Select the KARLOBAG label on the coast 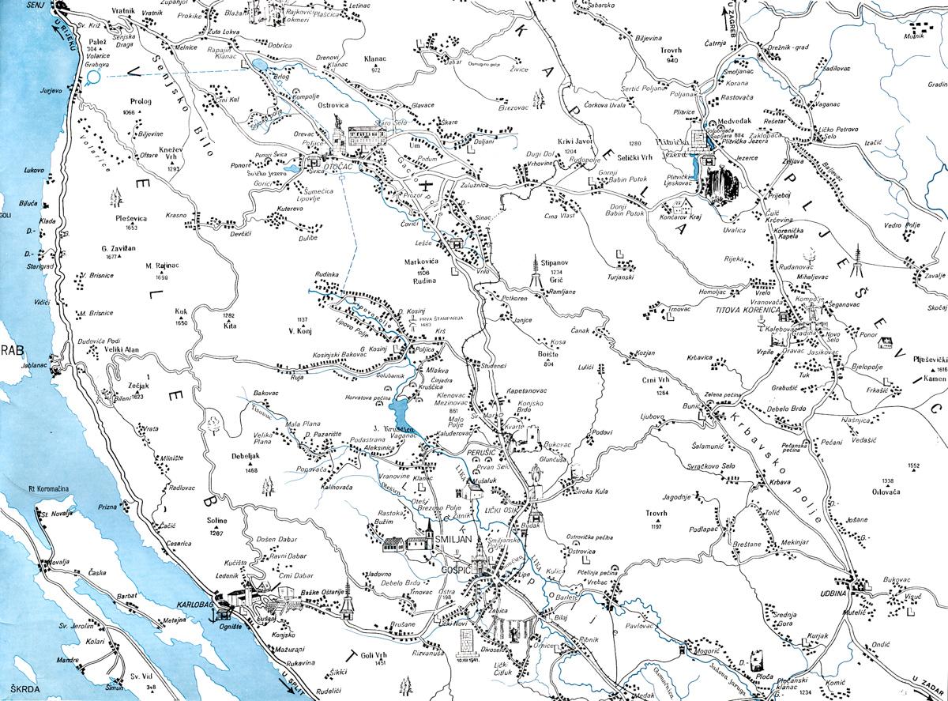tap(196, 594)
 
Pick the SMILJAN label tap(451, 539)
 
